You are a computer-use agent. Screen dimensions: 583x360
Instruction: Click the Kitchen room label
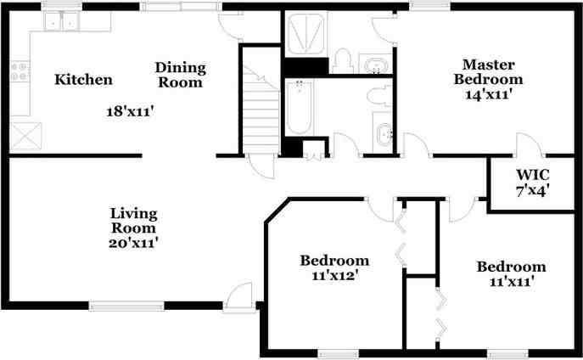pos(83,80)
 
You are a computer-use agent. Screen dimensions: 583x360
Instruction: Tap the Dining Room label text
pos(180,75)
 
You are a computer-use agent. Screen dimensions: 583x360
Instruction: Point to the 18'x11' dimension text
pos(130,111)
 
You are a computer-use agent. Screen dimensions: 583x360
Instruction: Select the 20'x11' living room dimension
pos(133,243)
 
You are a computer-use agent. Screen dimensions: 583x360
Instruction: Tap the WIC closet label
pos(532,174)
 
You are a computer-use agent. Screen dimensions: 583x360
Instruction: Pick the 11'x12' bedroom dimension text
pos(334,276)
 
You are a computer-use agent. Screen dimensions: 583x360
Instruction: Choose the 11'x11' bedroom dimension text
pos(512,282)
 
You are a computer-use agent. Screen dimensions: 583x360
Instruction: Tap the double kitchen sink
pos(62,21)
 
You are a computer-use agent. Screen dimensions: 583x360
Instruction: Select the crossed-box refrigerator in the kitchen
pos(25,136)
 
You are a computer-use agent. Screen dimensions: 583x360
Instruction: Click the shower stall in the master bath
pos(306,34)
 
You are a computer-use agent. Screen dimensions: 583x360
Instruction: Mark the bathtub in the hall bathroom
pos(300,108)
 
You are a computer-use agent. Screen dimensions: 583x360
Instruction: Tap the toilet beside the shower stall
pos(343,61)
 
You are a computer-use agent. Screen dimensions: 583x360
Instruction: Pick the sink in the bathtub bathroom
pos(383,132)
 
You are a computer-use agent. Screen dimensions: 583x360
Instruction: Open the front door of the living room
pos(239,296)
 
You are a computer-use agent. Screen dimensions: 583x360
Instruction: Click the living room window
pos(126,306)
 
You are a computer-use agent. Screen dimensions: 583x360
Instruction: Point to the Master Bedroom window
pos(429,6)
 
